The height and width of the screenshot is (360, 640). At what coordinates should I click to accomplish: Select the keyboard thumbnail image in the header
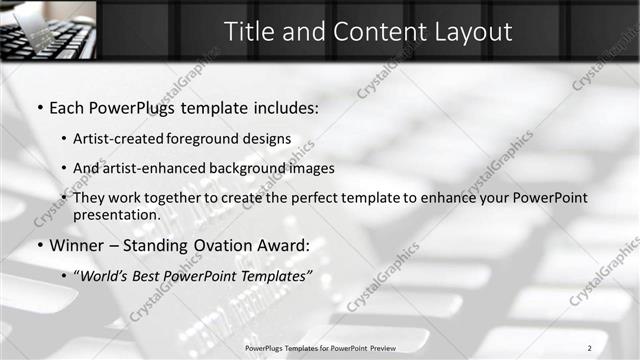click(x=48, y=30)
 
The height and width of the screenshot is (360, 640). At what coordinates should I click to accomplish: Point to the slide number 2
click(x=590, y=346)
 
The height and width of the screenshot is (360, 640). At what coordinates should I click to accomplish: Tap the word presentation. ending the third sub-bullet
click(x=117, y=214)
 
